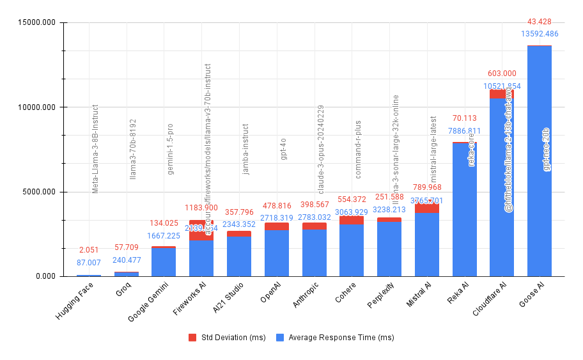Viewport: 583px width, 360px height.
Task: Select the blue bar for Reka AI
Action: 464,211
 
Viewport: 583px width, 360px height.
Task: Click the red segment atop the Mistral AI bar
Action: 426,208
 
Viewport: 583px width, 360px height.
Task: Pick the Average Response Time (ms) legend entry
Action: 335,338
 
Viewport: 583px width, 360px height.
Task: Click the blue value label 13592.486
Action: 540,34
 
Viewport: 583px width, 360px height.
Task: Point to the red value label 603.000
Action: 502,74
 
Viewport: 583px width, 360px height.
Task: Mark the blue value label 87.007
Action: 89,262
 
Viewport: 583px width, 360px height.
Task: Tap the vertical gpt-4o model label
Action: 283,148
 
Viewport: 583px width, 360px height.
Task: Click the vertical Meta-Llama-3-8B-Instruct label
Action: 95,149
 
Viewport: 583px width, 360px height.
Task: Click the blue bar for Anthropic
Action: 314,253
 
